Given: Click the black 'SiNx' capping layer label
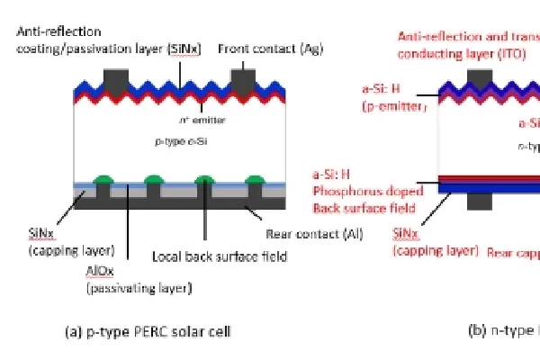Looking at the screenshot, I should (39, 231).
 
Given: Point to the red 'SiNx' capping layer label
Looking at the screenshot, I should (411, 232).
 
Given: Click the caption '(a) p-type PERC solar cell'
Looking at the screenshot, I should (148, 331).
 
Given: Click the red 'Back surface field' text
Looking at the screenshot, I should (364, 208).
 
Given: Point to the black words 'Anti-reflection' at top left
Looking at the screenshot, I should (55, 31).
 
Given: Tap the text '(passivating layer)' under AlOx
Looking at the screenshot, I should (139, 289).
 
